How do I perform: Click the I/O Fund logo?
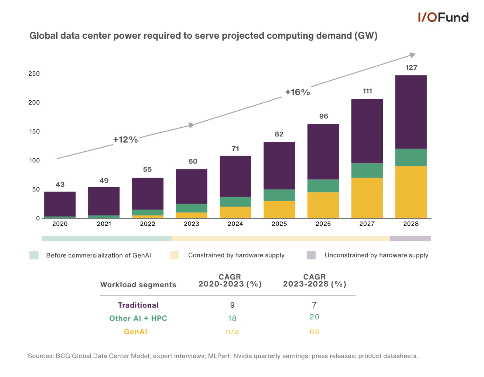(443, 18)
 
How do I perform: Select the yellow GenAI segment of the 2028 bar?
(411, 192)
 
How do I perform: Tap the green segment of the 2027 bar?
(367, 170)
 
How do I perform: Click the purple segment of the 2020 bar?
(60, 204)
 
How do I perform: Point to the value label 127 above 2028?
(411, 68)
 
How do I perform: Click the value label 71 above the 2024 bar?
(235, 149)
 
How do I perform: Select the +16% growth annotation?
(297, 92)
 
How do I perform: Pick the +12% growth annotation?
(125, 140)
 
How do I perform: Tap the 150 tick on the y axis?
(34, 132)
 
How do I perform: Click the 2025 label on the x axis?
(279, 224)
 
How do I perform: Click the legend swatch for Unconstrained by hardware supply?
(311, 255)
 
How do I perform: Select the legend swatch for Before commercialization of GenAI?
(34, 255)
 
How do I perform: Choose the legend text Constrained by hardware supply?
(236, 255)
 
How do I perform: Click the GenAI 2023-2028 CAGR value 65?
(314, 331)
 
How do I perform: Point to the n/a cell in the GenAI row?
(232, 331)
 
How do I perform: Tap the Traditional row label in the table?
(138, 305)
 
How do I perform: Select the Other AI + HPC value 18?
(232, 318)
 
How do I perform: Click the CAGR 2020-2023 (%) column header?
(230, 280)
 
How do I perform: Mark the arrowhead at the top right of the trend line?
(412, 55)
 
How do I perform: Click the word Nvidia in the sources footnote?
(243, 356)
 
